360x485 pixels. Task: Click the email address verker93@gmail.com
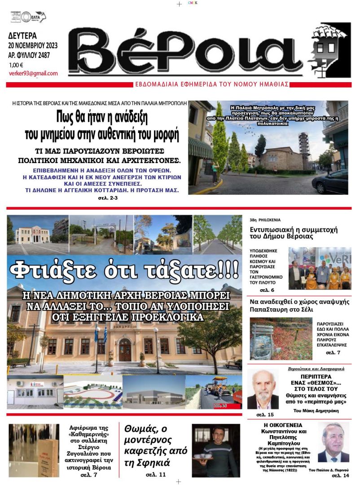point(33,74)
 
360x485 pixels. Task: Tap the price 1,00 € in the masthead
point(16,65)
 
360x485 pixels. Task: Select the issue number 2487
point(41,56)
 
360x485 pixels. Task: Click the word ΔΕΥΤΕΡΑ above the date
point(22,35)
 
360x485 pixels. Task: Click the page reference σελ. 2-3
point(108,198)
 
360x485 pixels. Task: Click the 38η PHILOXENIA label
point(265,220)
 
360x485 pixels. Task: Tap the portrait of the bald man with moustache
point(263,389)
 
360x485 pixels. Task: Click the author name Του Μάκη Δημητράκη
point(316,410)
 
